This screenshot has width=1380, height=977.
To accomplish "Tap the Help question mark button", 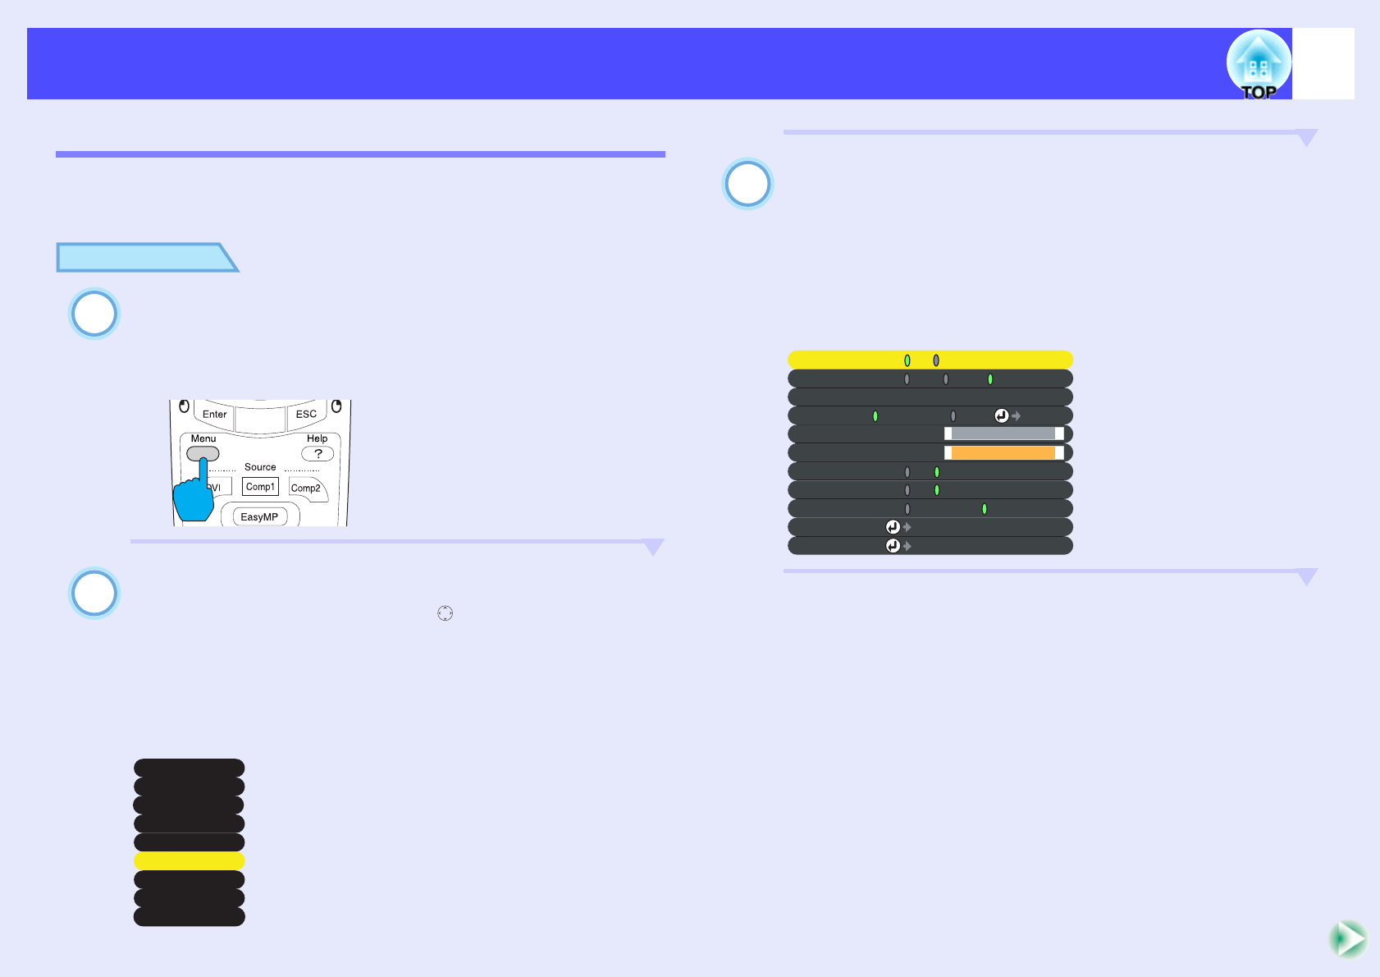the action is coord(318,454).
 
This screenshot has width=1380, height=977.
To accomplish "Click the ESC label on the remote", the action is coord(306,414).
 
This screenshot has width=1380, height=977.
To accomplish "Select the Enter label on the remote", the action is coord(215,414).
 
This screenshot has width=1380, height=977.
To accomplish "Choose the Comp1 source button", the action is coord(260,487).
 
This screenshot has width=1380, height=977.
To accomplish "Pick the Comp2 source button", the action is coord(306,488).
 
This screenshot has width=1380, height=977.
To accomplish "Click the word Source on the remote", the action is coord(260,467).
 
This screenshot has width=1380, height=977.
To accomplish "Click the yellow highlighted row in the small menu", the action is coord(189,860).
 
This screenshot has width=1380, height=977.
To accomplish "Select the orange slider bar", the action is coord(1003,453).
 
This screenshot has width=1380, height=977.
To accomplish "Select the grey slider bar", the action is coord(1003,433).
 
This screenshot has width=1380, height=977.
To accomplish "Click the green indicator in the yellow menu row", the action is coord(907,360).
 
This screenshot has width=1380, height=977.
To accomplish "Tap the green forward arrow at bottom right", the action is coord(1347,939).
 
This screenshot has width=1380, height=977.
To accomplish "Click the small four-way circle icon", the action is coord(445,613).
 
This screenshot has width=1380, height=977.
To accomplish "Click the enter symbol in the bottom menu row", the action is coord(893,546).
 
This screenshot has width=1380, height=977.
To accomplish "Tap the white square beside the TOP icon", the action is coord(1323,64).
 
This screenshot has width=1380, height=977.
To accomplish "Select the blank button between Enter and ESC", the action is coord(260,416).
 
